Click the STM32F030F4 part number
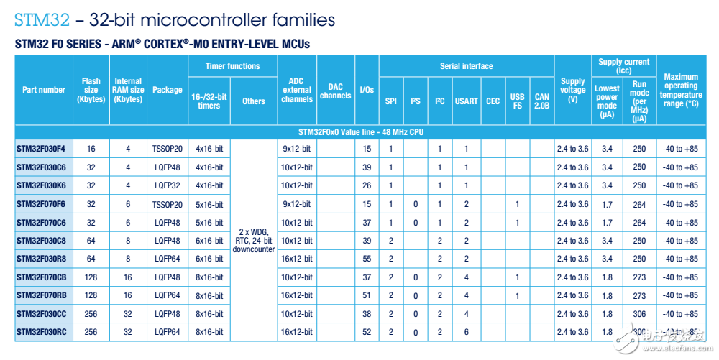coord(41,149)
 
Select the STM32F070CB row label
coord(42,277)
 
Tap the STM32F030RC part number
coord(42,332)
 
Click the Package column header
coord(168,90)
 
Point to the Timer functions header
coord(232,66)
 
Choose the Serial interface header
coord(466,66)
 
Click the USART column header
coord(466,101)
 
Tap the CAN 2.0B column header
coord(541,101)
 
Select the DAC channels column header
coord(336,91)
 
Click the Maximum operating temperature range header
coord(681,90)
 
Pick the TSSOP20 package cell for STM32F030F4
coord(168,149)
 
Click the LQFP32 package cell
coord(168,185)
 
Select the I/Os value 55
coord(367,259)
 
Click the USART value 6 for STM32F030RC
coord(466,332)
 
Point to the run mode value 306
coord(639,314)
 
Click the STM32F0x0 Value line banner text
coord(360,132)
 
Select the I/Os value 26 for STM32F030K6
coord(367,185)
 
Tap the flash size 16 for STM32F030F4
coord(91,149)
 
